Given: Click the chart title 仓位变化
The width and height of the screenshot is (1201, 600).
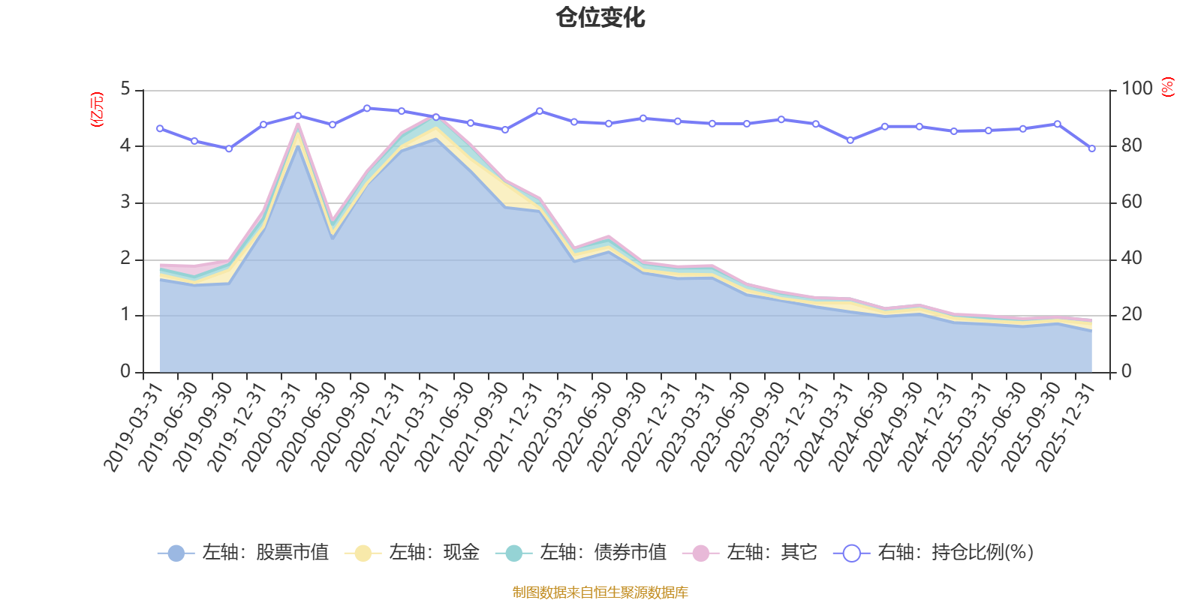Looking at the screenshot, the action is pos(600,18).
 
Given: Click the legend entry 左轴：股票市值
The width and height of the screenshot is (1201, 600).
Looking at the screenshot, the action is pos(243,552).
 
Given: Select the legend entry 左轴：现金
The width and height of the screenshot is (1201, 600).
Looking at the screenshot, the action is pos(412,552).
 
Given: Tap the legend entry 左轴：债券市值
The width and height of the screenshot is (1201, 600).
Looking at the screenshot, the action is pos(581,552).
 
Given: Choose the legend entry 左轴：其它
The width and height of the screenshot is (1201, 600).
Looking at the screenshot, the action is pos(750,552).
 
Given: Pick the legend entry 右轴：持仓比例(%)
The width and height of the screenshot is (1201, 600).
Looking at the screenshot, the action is pos(934,552).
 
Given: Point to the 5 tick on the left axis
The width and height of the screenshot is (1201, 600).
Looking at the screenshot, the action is pos(125,88).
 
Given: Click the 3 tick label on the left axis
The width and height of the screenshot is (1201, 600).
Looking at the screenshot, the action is pos(125,202).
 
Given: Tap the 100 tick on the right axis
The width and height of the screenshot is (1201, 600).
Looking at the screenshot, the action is pos(1137,88).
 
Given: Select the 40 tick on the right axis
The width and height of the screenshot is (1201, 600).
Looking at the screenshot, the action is pos(1132,258).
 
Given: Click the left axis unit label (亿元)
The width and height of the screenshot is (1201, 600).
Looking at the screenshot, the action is pos(97,109).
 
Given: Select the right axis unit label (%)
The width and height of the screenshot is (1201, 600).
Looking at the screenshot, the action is pos(1168,87).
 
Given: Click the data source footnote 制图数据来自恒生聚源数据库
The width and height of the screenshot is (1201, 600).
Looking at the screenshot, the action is pos(600,592).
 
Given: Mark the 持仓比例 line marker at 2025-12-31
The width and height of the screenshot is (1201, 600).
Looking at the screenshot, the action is pos(1091,148).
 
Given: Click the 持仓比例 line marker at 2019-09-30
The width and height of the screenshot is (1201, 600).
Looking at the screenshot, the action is pos(229,149).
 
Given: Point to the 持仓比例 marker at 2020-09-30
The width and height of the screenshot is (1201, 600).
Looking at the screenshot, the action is pos(367,108).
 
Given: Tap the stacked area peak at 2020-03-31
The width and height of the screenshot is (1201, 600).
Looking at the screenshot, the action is pos(298,124).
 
